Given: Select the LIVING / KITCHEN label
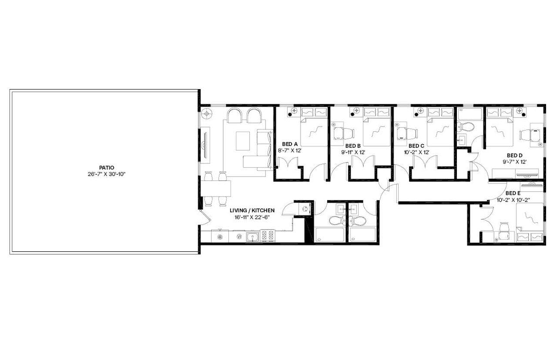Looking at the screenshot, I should pyautogui.click(x=252, y=210).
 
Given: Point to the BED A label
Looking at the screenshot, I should pyautogui.click(x=290, y=144).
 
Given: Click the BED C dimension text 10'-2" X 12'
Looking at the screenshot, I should pyautogui.click(x=416, y=152).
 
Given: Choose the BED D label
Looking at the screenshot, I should pyautogui.click(x=514, y=155).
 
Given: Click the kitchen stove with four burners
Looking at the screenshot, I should pyautogui.click(x=267, y=236).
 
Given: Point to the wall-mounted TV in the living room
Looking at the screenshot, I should pyautogui.click(x=205, y=143).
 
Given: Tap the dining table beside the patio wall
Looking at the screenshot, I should pyautogui.click(x=216, y=189).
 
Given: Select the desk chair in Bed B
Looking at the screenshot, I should pyautogui.click(x=341, y=133).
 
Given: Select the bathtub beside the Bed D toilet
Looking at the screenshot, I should pyautogui.click(x=470, y=114).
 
